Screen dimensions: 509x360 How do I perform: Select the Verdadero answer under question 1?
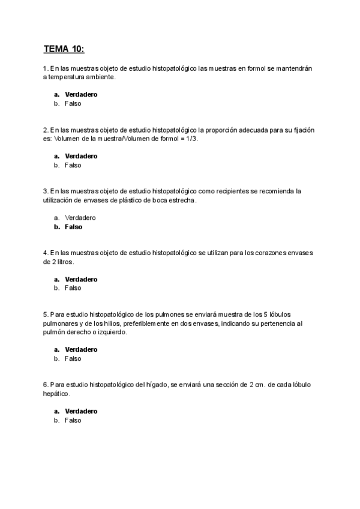pyautogui.click(x=81, y=94)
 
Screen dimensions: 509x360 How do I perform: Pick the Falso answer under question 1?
pyautogui.click(x=73, y=103)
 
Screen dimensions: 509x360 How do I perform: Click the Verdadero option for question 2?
pyautogui.click(x=81, y=156)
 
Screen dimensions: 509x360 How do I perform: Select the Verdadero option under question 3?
pyautogui.click(x=80, y=218)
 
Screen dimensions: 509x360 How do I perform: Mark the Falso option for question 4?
pyautogui.click(x=73, y=288)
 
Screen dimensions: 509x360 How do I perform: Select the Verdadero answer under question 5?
pyautogui.click(x=81, y=349)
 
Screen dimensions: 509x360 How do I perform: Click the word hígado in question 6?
pyautogui.click(x=157, y=385)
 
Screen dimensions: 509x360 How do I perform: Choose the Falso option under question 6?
pyautogui.click(x=73, y=420)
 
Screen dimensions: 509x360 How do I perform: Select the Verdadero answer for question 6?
pyautogui.click(x=81, y=411)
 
